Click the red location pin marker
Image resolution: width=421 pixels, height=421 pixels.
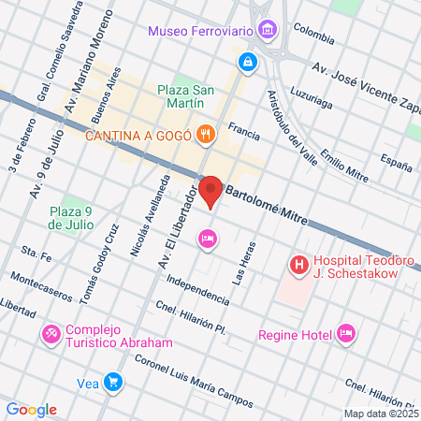211,191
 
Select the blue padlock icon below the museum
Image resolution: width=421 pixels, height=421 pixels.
247,63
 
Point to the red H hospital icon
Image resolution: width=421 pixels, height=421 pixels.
298,266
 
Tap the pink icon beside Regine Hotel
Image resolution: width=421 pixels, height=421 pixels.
346,332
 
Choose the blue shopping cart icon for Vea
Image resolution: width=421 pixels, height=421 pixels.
113,381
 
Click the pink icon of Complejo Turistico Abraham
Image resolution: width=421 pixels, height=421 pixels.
51,333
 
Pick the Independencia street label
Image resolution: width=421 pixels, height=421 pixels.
197,289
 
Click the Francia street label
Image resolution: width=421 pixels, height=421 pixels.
242,134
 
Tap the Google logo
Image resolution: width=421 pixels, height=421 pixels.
31,410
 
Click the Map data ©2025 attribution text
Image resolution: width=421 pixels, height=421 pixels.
380,414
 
